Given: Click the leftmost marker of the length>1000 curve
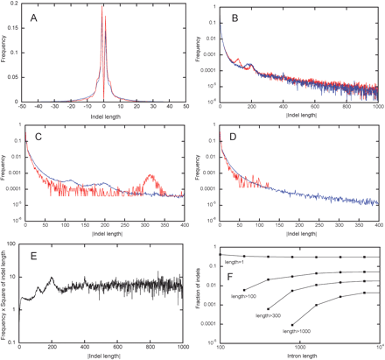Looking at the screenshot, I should pos(291,325).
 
